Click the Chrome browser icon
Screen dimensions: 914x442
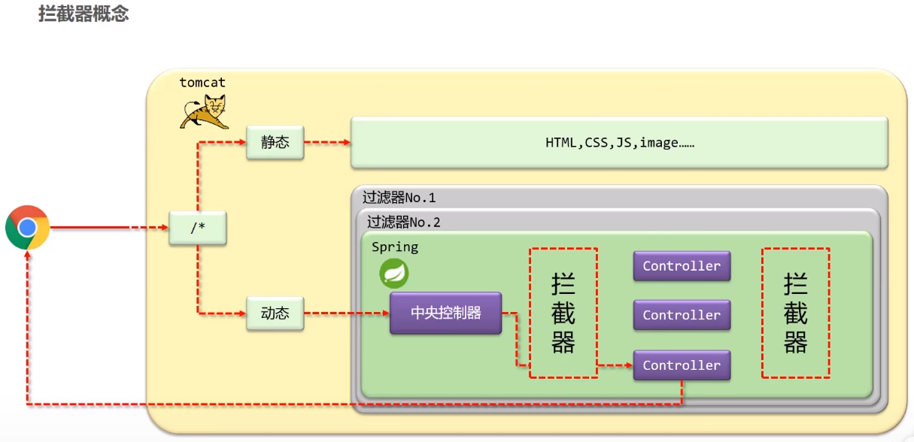tap(27, 227)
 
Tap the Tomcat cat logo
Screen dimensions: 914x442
tap(204, 112)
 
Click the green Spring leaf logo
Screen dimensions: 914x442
tap(393, 273)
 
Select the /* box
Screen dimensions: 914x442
tap(198, 228)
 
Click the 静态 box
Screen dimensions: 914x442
tap(275, 142)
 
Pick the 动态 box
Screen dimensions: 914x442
tap(275, 313)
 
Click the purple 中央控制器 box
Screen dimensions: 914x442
tap(445, 313)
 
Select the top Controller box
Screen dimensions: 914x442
tap(682, 266)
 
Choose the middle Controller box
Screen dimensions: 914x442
tap(682, 315)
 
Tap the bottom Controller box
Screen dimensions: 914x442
tap(682, 365)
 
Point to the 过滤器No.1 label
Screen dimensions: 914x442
tap(399, 198)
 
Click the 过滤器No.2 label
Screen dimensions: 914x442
tap(403, 223)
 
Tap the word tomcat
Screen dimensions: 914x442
tap(202, 83)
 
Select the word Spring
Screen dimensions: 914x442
tap(395, 247)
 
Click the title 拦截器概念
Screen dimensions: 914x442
tap(84, 14)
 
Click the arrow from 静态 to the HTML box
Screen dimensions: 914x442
tap(327, 142)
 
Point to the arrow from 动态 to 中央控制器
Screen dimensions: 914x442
tap(347, 313)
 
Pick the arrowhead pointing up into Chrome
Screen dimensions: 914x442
tap(27, 254)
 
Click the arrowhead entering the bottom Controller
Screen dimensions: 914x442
tap(629, 365)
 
